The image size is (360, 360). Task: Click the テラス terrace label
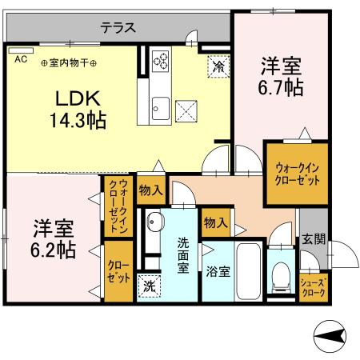pyautogui.click(x=118, y=27)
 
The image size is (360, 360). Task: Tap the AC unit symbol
pyautogui.click(x=21, y=50)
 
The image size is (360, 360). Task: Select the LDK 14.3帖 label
pyautogui.click(x=78, y=110)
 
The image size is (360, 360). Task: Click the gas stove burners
pyautogui.click(x=160, y=61)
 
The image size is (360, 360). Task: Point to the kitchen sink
pyautogui.click(x=161, y=108)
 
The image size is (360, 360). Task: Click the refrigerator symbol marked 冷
pyautogui.click(x=218, y=66)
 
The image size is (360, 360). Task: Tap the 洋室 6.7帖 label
pyautogui.click(x=281, y=77)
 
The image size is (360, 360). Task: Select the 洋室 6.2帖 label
pyautogui.click(x=54, y=239)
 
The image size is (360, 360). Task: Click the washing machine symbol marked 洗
pyautogui.click(x=150, y=286)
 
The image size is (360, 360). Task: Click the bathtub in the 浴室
pyautogui.click(x=248, y=271)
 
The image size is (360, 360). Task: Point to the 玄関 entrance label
pyautogui.click(x=314, y=239)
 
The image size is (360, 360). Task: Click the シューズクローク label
pyautogui.click(x=314, y=287)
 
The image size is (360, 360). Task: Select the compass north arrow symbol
pyautogui.click(x=330, y=336)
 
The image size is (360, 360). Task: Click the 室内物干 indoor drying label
pyautogui.click(x=69, y=63)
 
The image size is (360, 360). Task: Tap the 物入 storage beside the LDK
pyautogui.click(x=151, y=190)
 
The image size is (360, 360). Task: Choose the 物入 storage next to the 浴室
pyautogui.click(x=216, y=222)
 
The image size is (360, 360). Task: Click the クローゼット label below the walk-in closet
pyautogui.click(x=118, y=272)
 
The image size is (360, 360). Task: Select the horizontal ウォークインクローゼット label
pyautogui.click(x=297, y=174)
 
